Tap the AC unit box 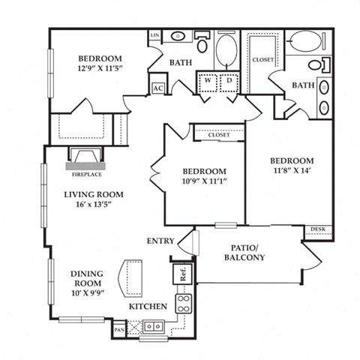(158, 88)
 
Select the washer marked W (207, 82)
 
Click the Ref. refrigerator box (183, 274)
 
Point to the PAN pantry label (118, 328)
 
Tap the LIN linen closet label (155, 36)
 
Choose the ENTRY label (161, 241)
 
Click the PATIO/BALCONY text (244, 252)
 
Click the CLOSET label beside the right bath (262, 59)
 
